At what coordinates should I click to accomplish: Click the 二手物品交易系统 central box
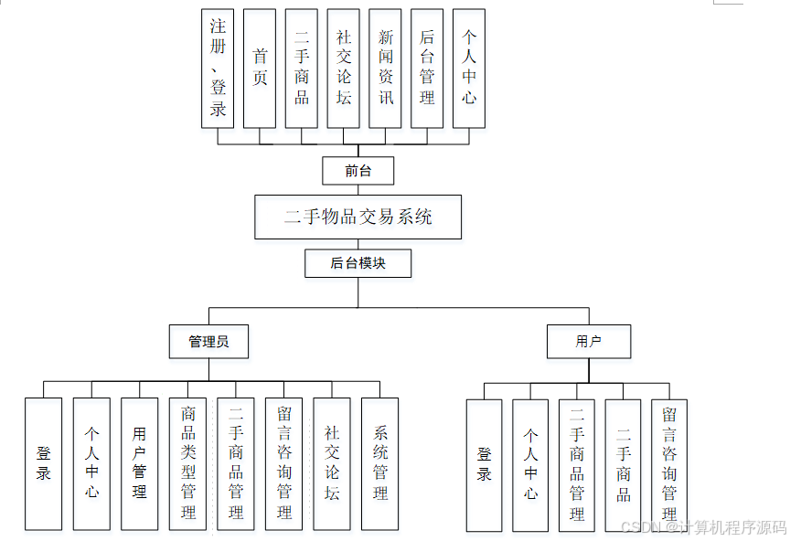[358, 217]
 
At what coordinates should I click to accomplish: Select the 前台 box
[358, 171]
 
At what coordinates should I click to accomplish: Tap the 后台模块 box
[358, 263]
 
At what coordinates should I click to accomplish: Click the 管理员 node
[208, 342]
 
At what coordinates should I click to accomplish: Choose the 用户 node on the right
[589, 342]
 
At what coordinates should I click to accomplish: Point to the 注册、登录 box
[218, 69]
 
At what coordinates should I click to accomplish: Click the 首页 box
[260, 69]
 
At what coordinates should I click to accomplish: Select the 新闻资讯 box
[386, 69]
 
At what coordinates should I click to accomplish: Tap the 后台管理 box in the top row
[427, 69]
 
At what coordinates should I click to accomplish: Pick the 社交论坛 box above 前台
[344, 69]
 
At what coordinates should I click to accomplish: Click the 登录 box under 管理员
[44, 463]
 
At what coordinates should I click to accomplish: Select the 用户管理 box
[140, 463]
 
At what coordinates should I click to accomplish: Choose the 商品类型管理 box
[187, 463]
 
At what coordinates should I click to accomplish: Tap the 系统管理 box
[380, 463]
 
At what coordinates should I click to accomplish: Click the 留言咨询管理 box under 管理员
[283, 463]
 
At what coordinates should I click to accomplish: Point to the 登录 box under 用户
[485, 465]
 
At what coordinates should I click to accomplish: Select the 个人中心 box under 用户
[530, 465]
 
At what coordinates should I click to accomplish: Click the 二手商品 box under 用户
[624, 465]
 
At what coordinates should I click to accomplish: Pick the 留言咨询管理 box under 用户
[669, 465]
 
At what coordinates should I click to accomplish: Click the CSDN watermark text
[703, 527]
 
